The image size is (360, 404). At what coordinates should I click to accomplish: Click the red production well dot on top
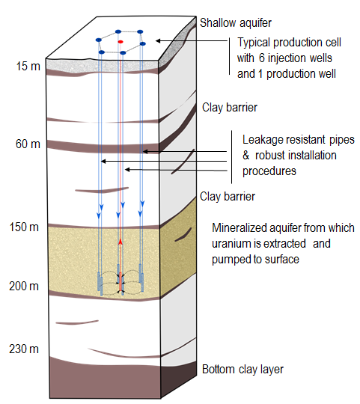pyautogui.click(x=120, y=42)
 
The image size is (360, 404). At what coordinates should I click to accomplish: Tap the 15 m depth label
pyautogui.click(x=28, y=67)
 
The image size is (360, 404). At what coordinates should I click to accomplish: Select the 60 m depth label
pyautogui.click(x=28, y=144)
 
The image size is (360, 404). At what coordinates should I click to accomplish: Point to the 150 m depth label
pyautogui.click(x=24, y=227)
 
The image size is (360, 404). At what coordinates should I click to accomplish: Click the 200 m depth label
pyautogui.click(x=24, y=286)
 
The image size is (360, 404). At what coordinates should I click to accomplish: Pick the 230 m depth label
pyautogui.click(x=24, y=349)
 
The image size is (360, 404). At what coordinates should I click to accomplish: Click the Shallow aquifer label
pyautogui.click(x=236, y=23)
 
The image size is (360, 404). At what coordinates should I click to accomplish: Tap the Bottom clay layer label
pyautogui.click(x=242, y=370)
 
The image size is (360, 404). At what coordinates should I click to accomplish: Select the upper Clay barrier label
pyautogui.click(x=230, y=108)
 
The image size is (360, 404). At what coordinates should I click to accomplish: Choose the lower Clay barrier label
pyautogui.click(x=228, y=196)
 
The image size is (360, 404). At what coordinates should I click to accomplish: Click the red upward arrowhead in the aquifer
pyautogui.click(x=120, y=242)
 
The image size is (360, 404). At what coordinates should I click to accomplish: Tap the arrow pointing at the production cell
pyautogui.click(x=192, y=40)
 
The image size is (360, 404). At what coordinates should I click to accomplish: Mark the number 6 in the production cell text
pyautogui.click(x=262, y=58)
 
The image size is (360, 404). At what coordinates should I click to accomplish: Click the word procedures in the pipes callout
pyautogui.click(x=269, y=171)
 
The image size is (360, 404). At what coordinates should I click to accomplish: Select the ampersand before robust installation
pyautogui.click(x=246, y=156)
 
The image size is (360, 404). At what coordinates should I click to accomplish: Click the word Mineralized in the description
pyautogui.click(x=240, y=228)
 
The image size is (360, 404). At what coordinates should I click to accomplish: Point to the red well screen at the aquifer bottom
pyautogui.click(x=120, y=281)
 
